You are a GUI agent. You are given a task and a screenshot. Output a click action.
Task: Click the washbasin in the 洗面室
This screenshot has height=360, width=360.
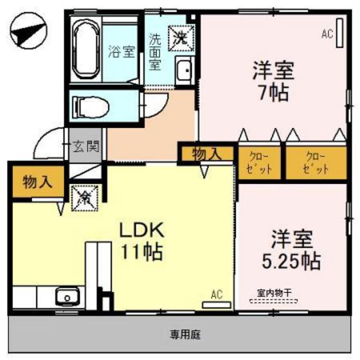[x=184, y=69]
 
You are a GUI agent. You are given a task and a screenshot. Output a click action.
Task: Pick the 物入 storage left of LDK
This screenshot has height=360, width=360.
[x=37, y=181]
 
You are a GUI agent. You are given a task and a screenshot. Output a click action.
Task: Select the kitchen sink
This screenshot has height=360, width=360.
[x=65, y=298]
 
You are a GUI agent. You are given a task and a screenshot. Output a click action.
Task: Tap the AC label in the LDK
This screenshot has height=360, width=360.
[x=217, y=295]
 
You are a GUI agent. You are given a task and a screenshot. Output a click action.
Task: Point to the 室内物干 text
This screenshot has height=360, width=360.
[x=274, y=293]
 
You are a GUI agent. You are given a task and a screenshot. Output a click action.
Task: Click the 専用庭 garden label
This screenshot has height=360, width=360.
[x=184, y=334]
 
